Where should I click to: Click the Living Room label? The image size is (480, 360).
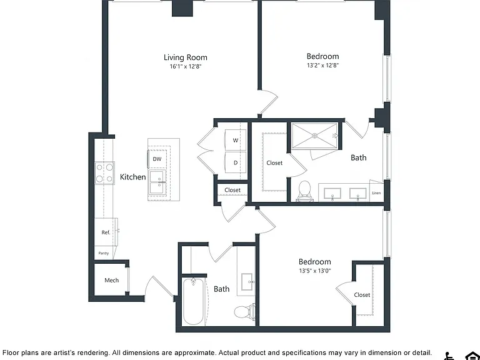[185, 57]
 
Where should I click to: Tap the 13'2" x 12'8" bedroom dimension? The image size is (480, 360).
[322, 65]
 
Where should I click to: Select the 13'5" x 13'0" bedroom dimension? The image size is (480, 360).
[315, 271]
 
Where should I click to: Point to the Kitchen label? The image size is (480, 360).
[133, 177]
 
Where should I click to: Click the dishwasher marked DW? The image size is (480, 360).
[157, 159]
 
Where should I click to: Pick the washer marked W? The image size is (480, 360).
[236, 140]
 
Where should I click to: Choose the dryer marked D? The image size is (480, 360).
[236, 162]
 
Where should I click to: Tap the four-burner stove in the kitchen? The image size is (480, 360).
[104, 173]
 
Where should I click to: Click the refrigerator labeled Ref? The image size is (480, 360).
[106, 232]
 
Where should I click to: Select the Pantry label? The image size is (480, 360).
[104, 253]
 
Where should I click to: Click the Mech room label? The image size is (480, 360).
[111, 280]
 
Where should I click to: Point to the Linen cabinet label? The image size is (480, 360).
[376, 193]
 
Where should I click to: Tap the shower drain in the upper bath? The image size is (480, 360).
[314, 136]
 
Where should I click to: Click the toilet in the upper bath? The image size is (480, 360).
[304, 191]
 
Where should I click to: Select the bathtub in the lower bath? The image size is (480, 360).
[194, 301]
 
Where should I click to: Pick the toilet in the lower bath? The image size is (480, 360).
[244, 312]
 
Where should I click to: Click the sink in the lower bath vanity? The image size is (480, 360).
[247, 282]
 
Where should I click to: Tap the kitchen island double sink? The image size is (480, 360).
[157, 183]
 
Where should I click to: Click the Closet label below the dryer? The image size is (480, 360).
[232, 190]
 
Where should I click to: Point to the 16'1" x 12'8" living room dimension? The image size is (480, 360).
[186, 66]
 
